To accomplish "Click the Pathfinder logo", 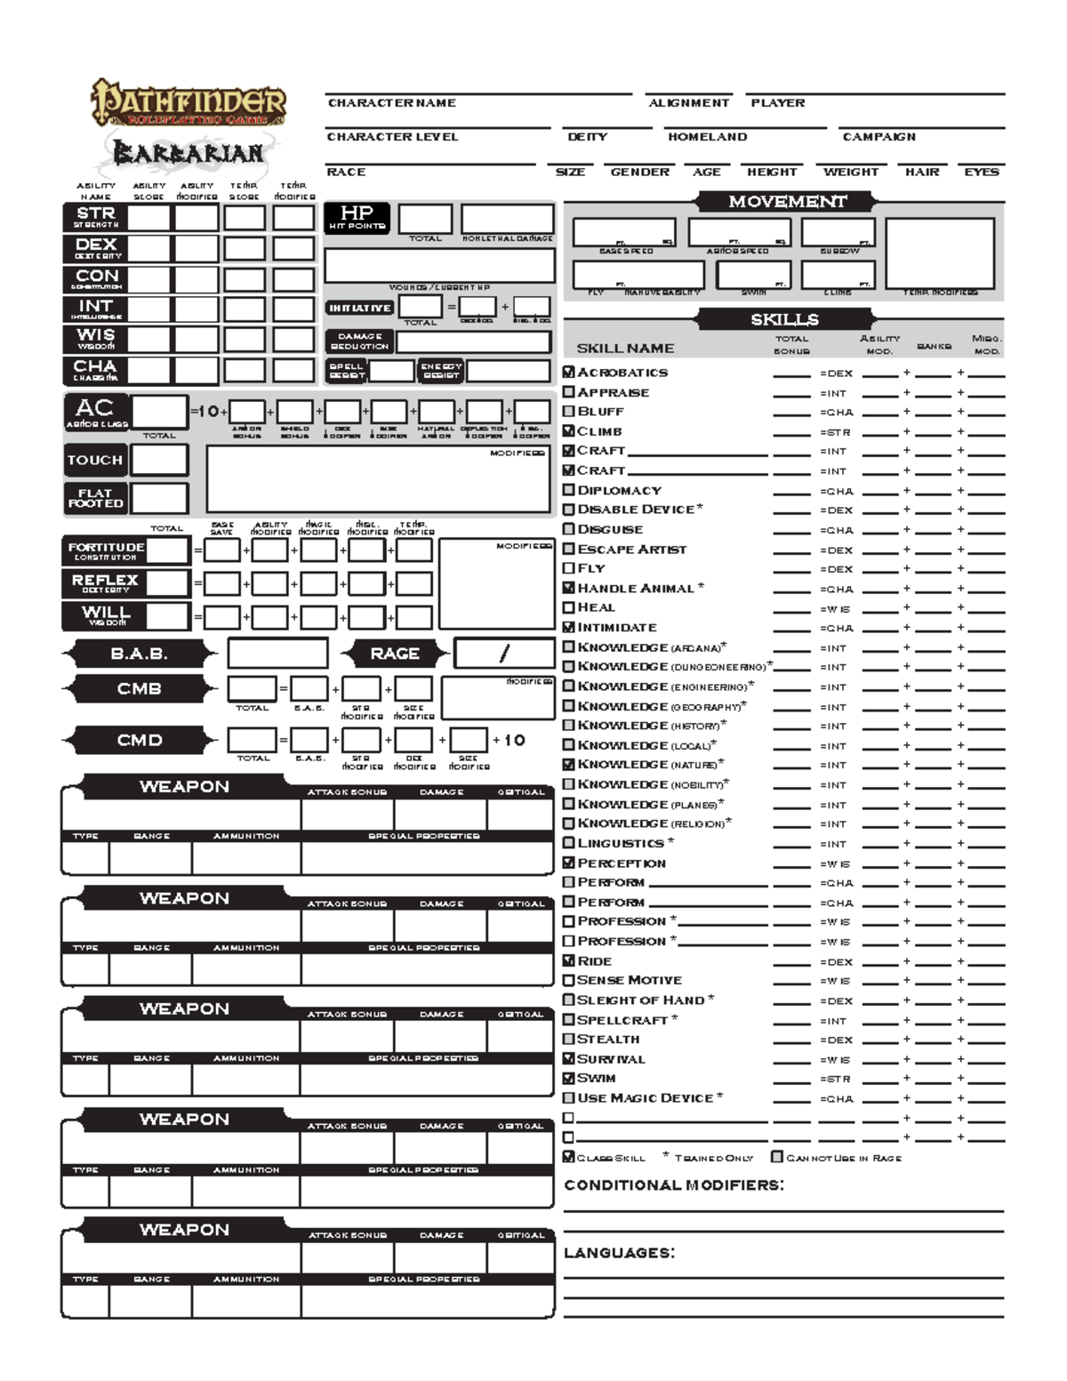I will point(189,103).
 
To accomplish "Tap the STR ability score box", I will point(149,218).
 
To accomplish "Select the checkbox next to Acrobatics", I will point(569,372).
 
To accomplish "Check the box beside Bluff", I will point(569,412).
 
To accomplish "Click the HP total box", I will point(425,219).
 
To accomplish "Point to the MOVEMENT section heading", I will point(786,202).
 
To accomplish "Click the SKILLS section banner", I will point(784,319).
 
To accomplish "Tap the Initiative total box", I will point(421,307).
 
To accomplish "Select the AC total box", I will point(159,413).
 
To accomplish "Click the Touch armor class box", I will point(159,460).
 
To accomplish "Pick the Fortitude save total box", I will point(167,550).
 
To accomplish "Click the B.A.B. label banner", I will point(139,654).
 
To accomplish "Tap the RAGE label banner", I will point(394,654).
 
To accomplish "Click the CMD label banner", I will point(139,740).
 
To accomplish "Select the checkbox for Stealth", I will point(569,1039).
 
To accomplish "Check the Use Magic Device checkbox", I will point(569,1098).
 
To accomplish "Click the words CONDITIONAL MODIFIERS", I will point(674,1185).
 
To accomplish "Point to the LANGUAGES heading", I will point(619,1253).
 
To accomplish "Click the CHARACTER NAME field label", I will point(391,103).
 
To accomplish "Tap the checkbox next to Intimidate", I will point(569,627).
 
